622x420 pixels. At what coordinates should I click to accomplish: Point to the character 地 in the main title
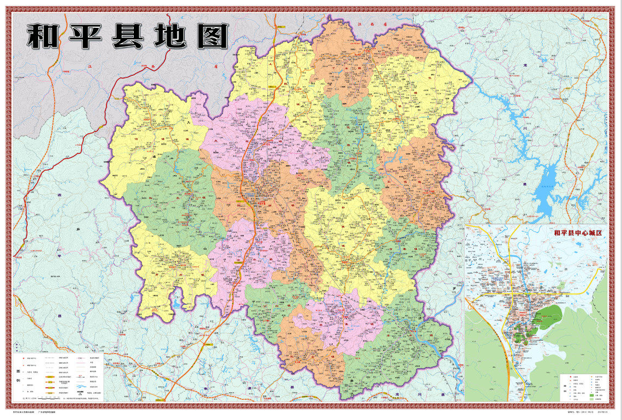click(x=169, y=36)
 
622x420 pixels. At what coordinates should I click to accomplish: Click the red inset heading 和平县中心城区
click(x=577, y=233)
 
